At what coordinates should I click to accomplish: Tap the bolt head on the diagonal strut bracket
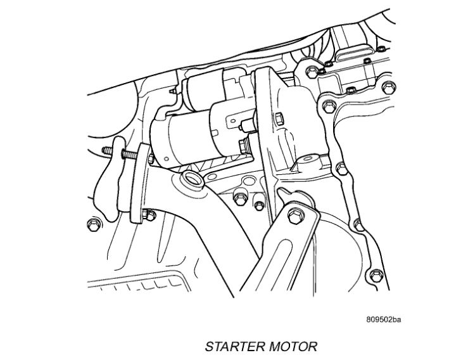296,216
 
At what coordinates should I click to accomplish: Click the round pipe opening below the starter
192,179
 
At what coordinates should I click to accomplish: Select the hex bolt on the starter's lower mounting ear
244,146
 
